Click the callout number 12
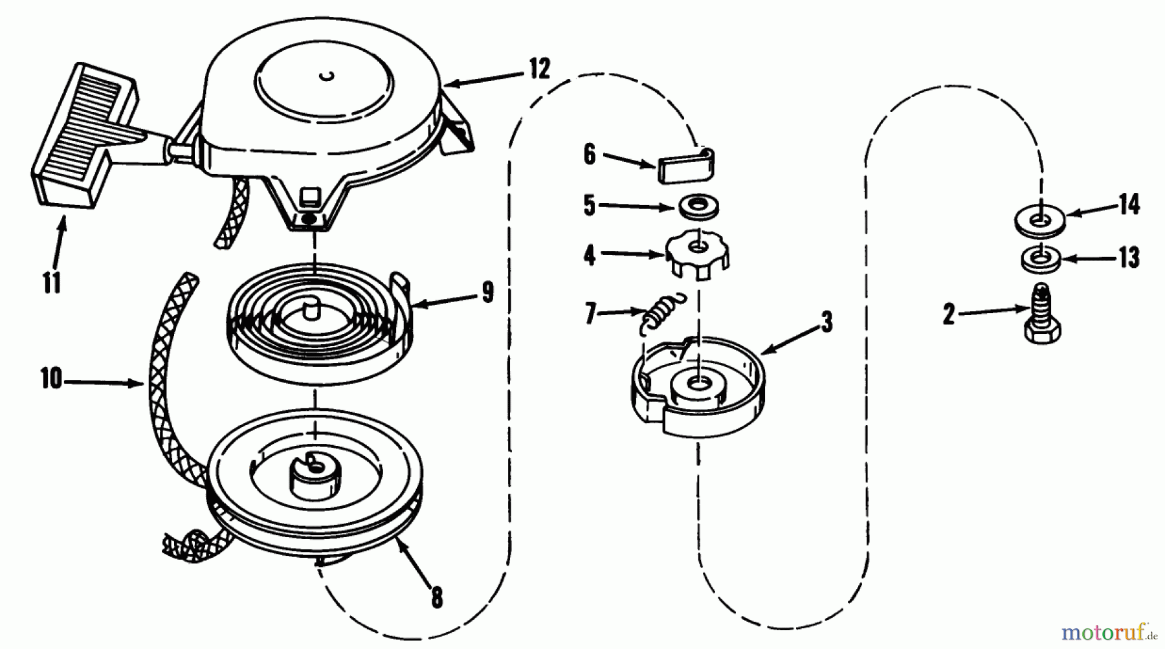538,69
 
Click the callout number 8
437,597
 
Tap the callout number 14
1129,205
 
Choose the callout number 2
949,315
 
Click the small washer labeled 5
698,206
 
